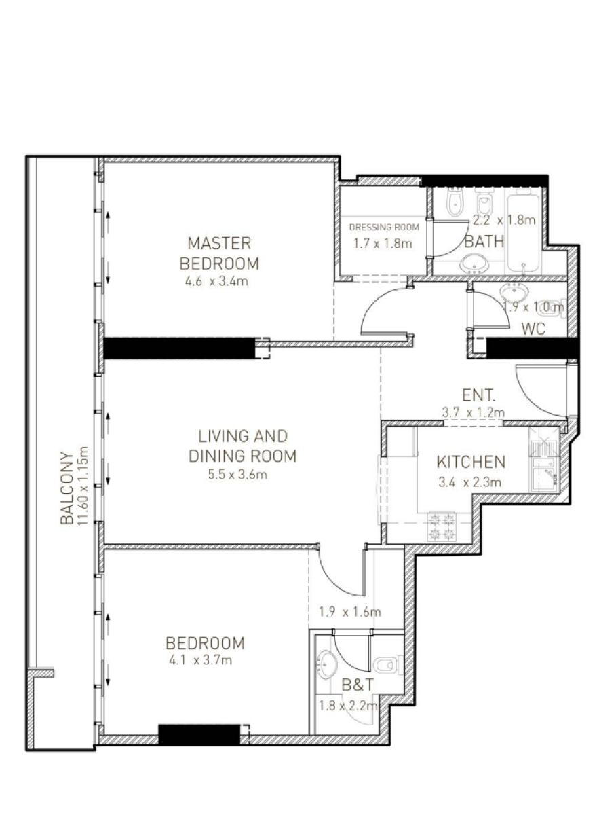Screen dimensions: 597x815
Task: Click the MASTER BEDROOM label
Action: point(219,253)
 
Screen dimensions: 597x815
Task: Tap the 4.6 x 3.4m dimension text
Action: point(216,281)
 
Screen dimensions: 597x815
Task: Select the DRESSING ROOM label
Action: point(384,228)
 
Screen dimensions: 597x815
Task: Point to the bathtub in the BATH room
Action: point(524,233)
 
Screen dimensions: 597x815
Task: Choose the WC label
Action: point(533,329)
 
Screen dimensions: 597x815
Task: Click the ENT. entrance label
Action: point(478,395)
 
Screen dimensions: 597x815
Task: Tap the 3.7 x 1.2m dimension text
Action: point(473,412)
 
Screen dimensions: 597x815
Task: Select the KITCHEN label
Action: point(471,462)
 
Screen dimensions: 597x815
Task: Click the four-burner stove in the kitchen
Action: point(442,526)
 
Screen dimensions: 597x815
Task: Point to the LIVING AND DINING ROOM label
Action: point(243,446)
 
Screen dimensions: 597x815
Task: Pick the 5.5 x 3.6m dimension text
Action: point(237,475)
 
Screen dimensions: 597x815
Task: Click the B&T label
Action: point(358,685)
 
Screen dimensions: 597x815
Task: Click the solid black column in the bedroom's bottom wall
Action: point(199,734)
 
